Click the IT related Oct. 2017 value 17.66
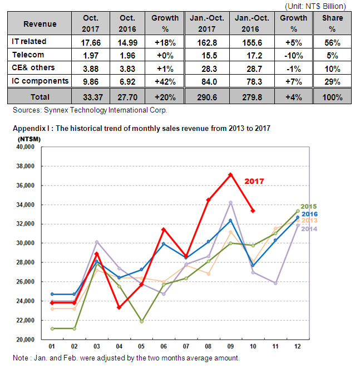pyautogui.click(x=91, y=43)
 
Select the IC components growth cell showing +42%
pyautogui.click(x=165, y=82)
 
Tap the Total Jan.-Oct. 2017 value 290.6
pyautogui.click(x=207, y=97)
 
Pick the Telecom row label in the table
pyautogui.click(x=28, y=55)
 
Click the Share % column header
pyautogui.click(x=333, y=23)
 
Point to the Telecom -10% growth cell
pyautogui.click(x=294, y=56)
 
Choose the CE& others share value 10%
pyautogui.click(x=332, y=69)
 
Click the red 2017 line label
pyautogui.click(x=254, y=181)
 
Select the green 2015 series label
pyautogui.click(x=308, y=206)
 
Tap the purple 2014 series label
pyautogui.click(x=309, y=229)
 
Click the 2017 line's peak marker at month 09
pyautogui.click(x=230, y=175)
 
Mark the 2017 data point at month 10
pyautogui.click(x=253, y=211)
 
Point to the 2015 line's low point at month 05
pyautogui.click(x=141, y=321)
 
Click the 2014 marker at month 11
pyautogui.click(x=275, y=283)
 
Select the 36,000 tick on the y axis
pyautogui.click(x=25, y=186)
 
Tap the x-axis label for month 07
pyautogui.click(x=186, y=346)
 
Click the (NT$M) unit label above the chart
pyautogui.click(x=29, y=139)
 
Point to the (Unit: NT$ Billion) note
pyautogui.click(x=315, y=6)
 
